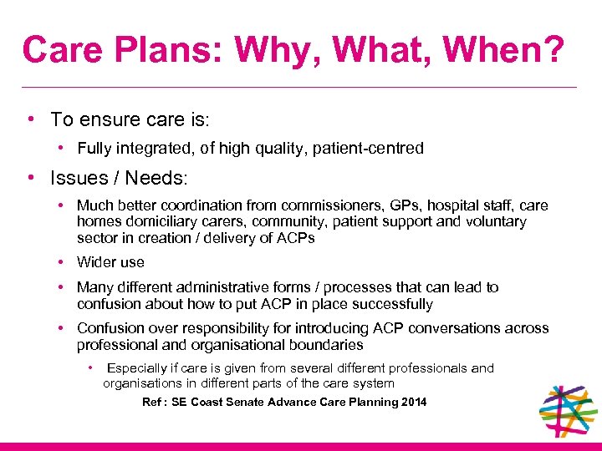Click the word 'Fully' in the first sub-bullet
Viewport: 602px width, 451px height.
94,149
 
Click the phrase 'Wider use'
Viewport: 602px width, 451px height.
110,262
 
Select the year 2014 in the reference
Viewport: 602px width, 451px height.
413,403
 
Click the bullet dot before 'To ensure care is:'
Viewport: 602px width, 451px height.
30,119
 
